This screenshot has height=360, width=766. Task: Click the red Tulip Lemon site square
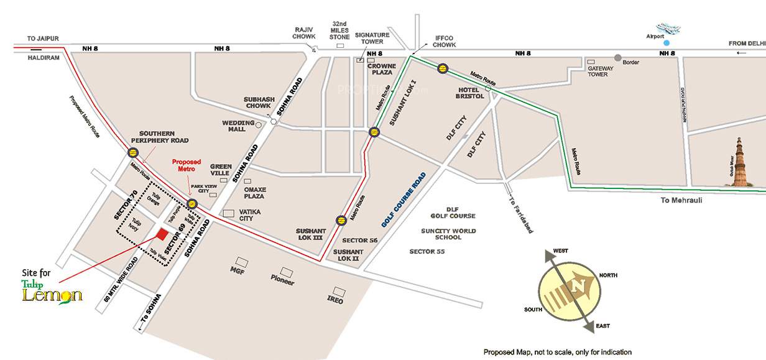click(162, 234)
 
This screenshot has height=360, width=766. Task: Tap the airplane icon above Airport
click(668, 29)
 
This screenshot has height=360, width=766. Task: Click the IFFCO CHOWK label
click(444, 41)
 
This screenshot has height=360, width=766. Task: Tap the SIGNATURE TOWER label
click(372, 39)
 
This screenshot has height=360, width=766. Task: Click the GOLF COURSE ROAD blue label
click(404, 199)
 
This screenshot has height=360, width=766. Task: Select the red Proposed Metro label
click(187, 165)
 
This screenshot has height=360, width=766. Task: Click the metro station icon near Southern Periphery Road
click(133, 152)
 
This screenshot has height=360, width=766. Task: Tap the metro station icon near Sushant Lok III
click(340, 220)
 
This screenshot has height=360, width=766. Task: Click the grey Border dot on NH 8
click(617, 58)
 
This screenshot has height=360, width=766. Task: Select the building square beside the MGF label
click(241, 262)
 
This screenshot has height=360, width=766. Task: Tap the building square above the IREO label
click(339, 291)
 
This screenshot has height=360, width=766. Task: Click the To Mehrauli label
click(681, 200)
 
